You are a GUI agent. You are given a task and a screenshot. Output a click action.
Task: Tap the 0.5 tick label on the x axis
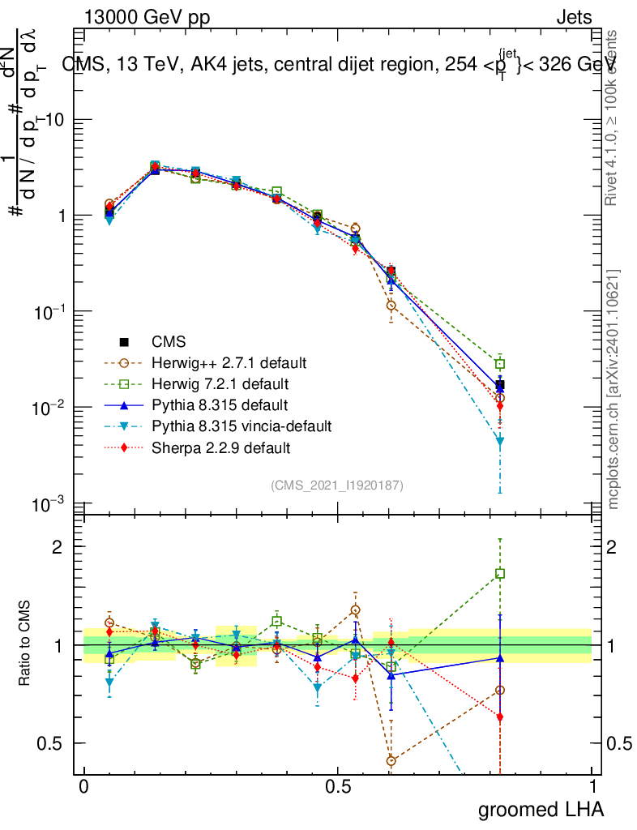pyautogui.click(x=338, y=787)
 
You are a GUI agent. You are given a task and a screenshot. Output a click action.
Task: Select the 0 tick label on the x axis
pyautogui.click(x=83, y=787)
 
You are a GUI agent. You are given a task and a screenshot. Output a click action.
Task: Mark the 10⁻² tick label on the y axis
pyautogui.click(x=49, y=407)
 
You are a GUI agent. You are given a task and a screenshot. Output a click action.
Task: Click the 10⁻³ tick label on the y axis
pyautogui.click(x=49, y=503)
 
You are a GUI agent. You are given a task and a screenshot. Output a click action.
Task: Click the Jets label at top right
pyautogui.click(x=574, y=17)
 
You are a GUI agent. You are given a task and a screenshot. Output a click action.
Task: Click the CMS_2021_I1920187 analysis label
pyautogui.click(x=337, y=485)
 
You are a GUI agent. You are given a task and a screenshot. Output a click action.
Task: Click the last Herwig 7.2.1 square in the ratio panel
pyautogui.click(x=500, y=574)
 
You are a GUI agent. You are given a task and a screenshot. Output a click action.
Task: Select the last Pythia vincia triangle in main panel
pyautogui.click(x=500, y=442)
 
